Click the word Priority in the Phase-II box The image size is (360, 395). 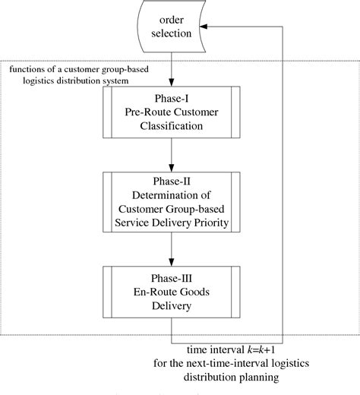point(210,223)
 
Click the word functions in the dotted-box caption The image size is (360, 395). point(29,70)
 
